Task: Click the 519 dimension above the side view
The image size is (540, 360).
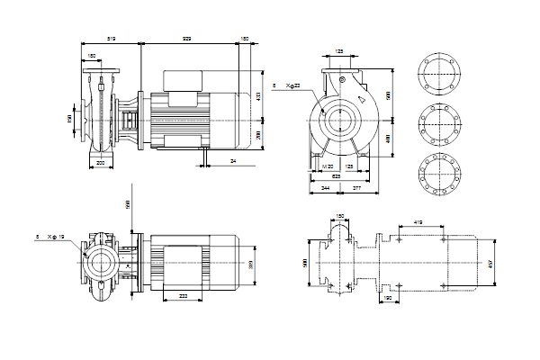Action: pos(112,40)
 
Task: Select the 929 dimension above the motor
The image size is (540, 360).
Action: pos(186,40)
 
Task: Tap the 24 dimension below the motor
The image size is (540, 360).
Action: pos(232,160)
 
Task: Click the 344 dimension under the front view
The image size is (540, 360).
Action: pos(325,188)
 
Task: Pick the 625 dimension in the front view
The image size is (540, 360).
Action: pos(336,176)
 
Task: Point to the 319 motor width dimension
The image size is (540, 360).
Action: pos(252,265)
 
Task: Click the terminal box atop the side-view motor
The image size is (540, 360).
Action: pos(183,78)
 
